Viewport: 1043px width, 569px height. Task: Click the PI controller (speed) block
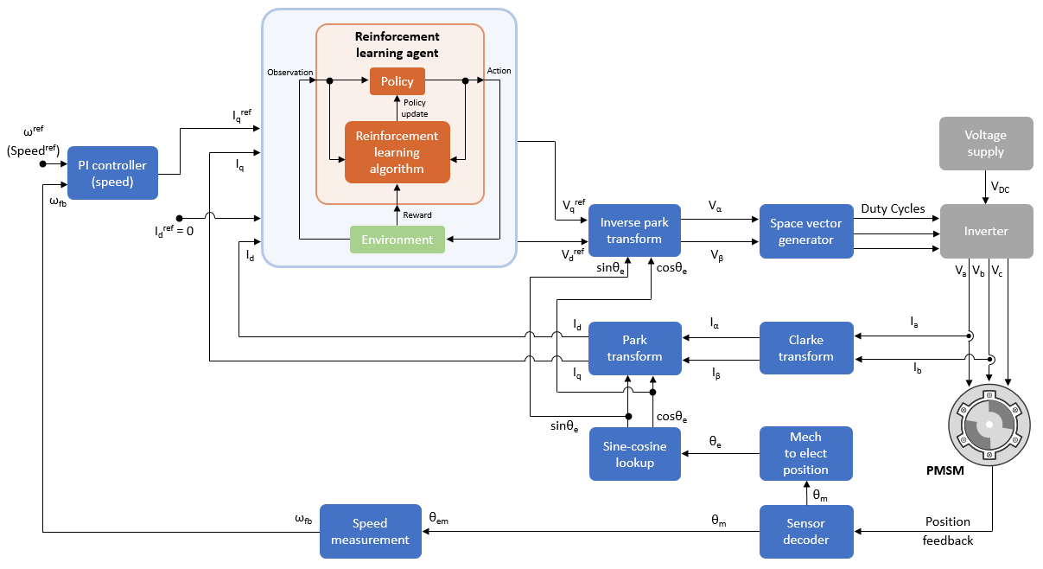[x=112, y=173]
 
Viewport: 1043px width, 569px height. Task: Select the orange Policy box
[x=397, y=81]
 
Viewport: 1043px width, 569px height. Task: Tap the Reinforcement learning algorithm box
[x=397, y=152]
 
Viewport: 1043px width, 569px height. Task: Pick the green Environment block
[x=397, y=240]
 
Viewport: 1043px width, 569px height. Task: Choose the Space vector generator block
[x=806, y=231]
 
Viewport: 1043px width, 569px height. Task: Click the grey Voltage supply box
[x=986, y=143]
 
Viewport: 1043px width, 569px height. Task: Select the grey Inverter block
[x=986, y=231]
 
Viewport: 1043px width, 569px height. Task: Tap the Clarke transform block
[x=806, y=348]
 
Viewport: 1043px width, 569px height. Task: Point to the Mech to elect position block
[x=806, y=453]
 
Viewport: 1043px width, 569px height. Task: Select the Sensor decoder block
[x=806, y=531]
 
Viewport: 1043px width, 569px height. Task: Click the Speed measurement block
[x=370, y=531]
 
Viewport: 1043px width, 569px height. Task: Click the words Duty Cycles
[x=893, y=208]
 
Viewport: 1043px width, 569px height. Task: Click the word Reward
[x=418, y=214]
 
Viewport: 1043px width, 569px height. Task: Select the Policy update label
[x=416, y=108]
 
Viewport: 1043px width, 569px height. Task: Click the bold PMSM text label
[x=946, y=473]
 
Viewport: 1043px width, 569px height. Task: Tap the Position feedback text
[x=948, y=531]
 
